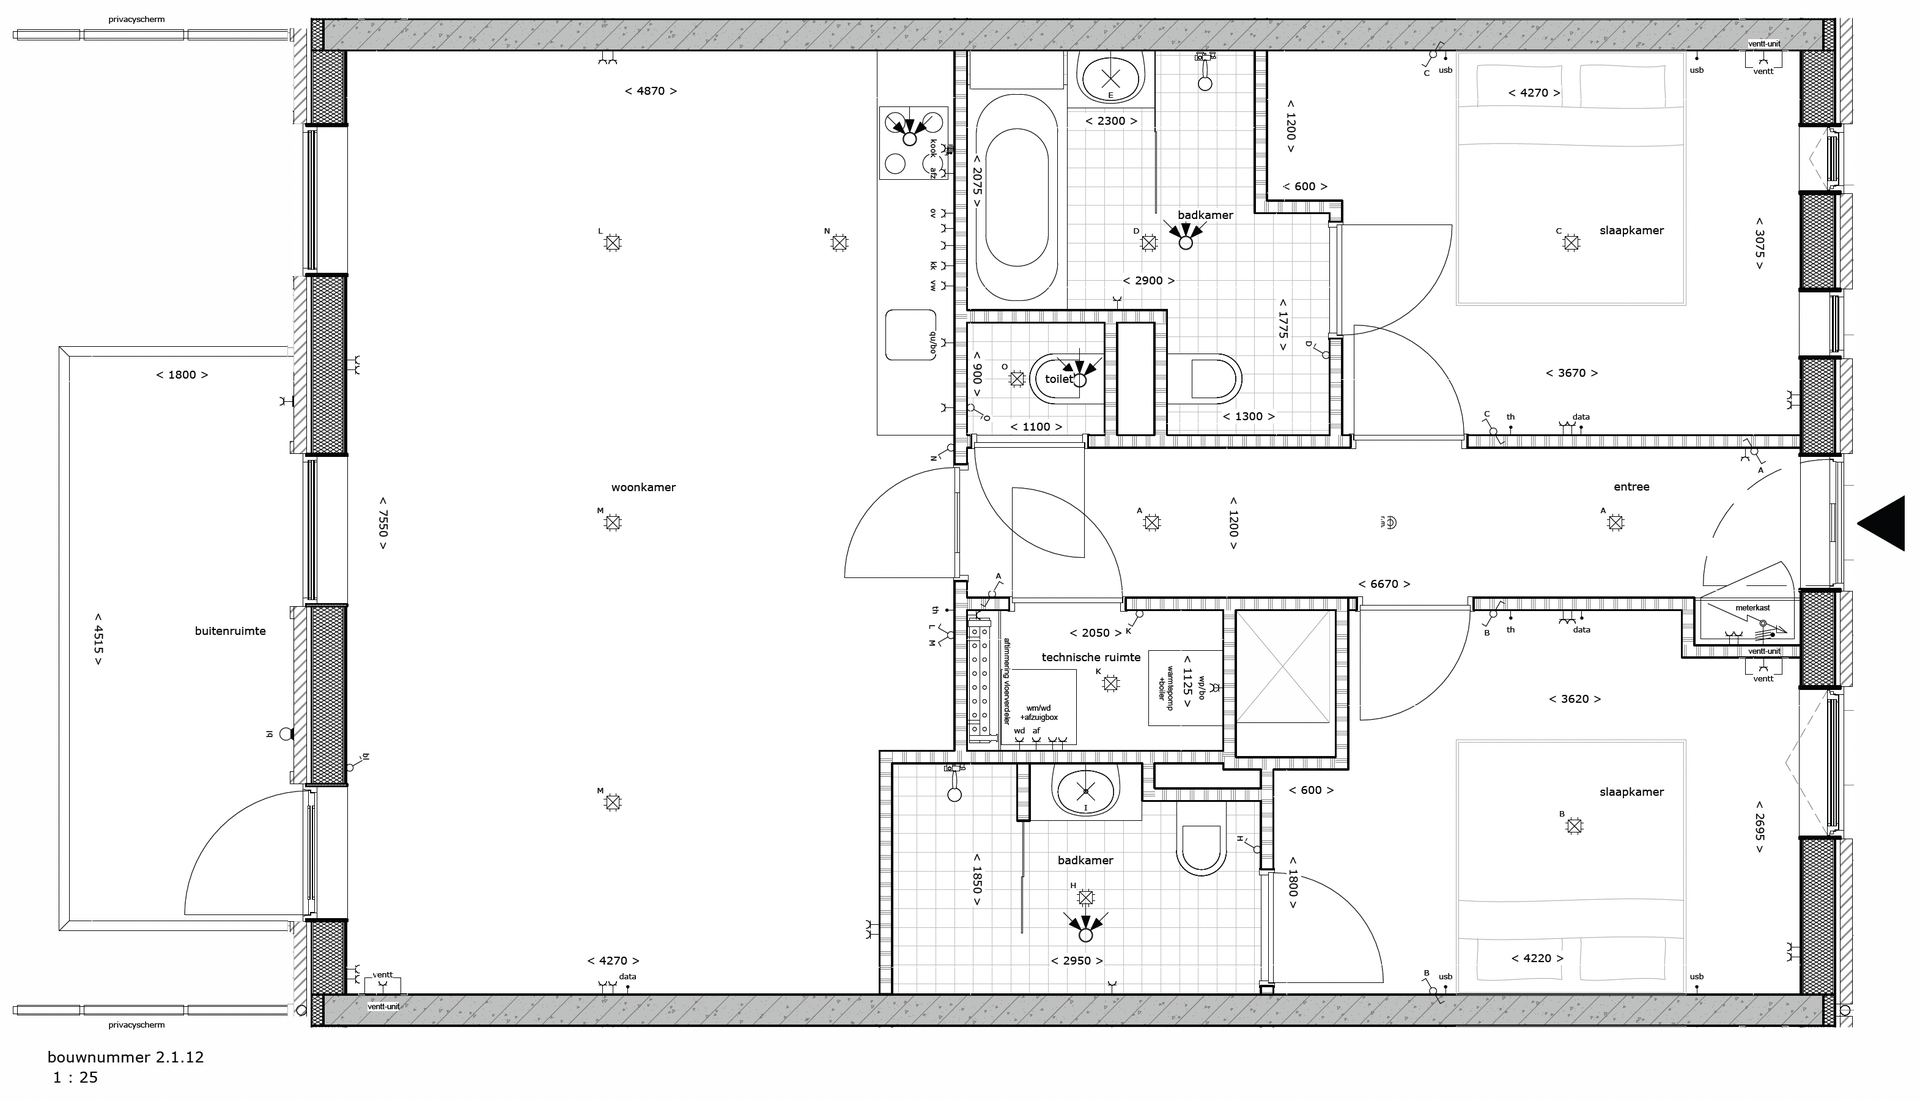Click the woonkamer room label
[x=643, y=488]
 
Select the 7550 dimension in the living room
[x=382, y=523]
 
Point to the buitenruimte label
[x=230, y=631]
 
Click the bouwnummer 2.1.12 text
[x=125, y=1057]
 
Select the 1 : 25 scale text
[x=75, y=1078]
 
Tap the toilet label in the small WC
[x=1058, y=379]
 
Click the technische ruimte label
[x=1091, y=657]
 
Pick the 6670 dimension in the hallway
[x=1384, y=584]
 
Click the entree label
[x=1631, y=487]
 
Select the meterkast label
[x=1752, y=607]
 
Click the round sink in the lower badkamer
[x=1084, y=793]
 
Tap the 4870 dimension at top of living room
[x=650, y=91]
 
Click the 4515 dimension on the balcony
[x=98, y=638]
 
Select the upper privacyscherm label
[x=137, y=19]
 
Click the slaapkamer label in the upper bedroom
[x=1631, y=231]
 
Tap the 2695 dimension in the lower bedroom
[x=1759, y=826]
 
